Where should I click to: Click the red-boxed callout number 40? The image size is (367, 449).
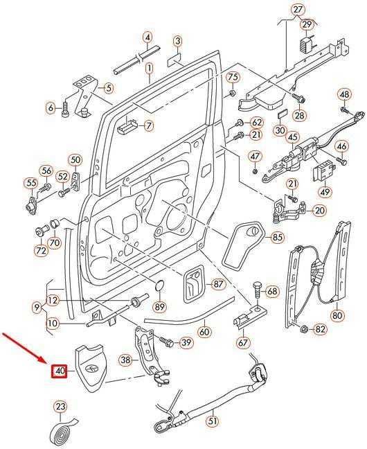click(x=59, y=371)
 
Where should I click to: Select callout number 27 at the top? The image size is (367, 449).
click(x=298, y=10)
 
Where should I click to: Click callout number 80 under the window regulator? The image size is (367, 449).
click(x=337, y=315)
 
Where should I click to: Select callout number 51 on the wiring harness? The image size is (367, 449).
click(x=213, y=421)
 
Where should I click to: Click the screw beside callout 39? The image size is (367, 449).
click(x=165, y=341)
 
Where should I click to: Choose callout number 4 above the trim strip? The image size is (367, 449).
click(x=147, y=37)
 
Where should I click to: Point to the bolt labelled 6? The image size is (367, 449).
click(x=65, y=108)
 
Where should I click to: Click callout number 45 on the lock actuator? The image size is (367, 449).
click(x=293, y=137)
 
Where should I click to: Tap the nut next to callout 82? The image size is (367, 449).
click(x=304, y=329)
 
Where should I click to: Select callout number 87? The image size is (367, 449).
click(x=218, y=284)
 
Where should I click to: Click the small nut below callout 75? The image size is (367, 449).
click(x=233, y=93)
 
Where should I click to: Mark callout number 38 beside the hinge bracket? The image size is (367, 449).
click(x=125, y=360)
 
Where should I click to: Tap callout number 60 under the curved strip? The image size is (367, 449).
click(x=204, y=331)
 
